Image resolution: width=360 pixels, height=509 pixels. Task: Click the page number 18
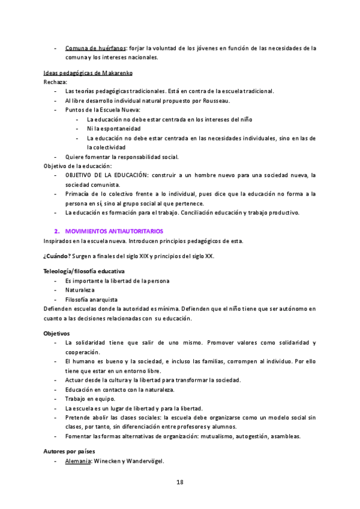click(179, 482)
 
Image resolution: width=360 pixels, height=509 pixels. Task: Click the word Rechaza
click(55, 82)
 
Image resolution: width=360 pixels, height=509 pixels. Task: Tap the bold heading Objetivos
click(57, 332)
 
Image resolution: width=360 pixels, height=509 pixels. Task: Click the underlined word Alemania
click(77, 462)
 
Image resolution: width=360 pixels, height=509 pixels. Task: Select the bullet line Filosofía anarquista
click(91, 299)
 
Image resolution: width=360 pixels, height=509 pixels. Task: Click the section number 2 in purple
click(56, 231)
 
